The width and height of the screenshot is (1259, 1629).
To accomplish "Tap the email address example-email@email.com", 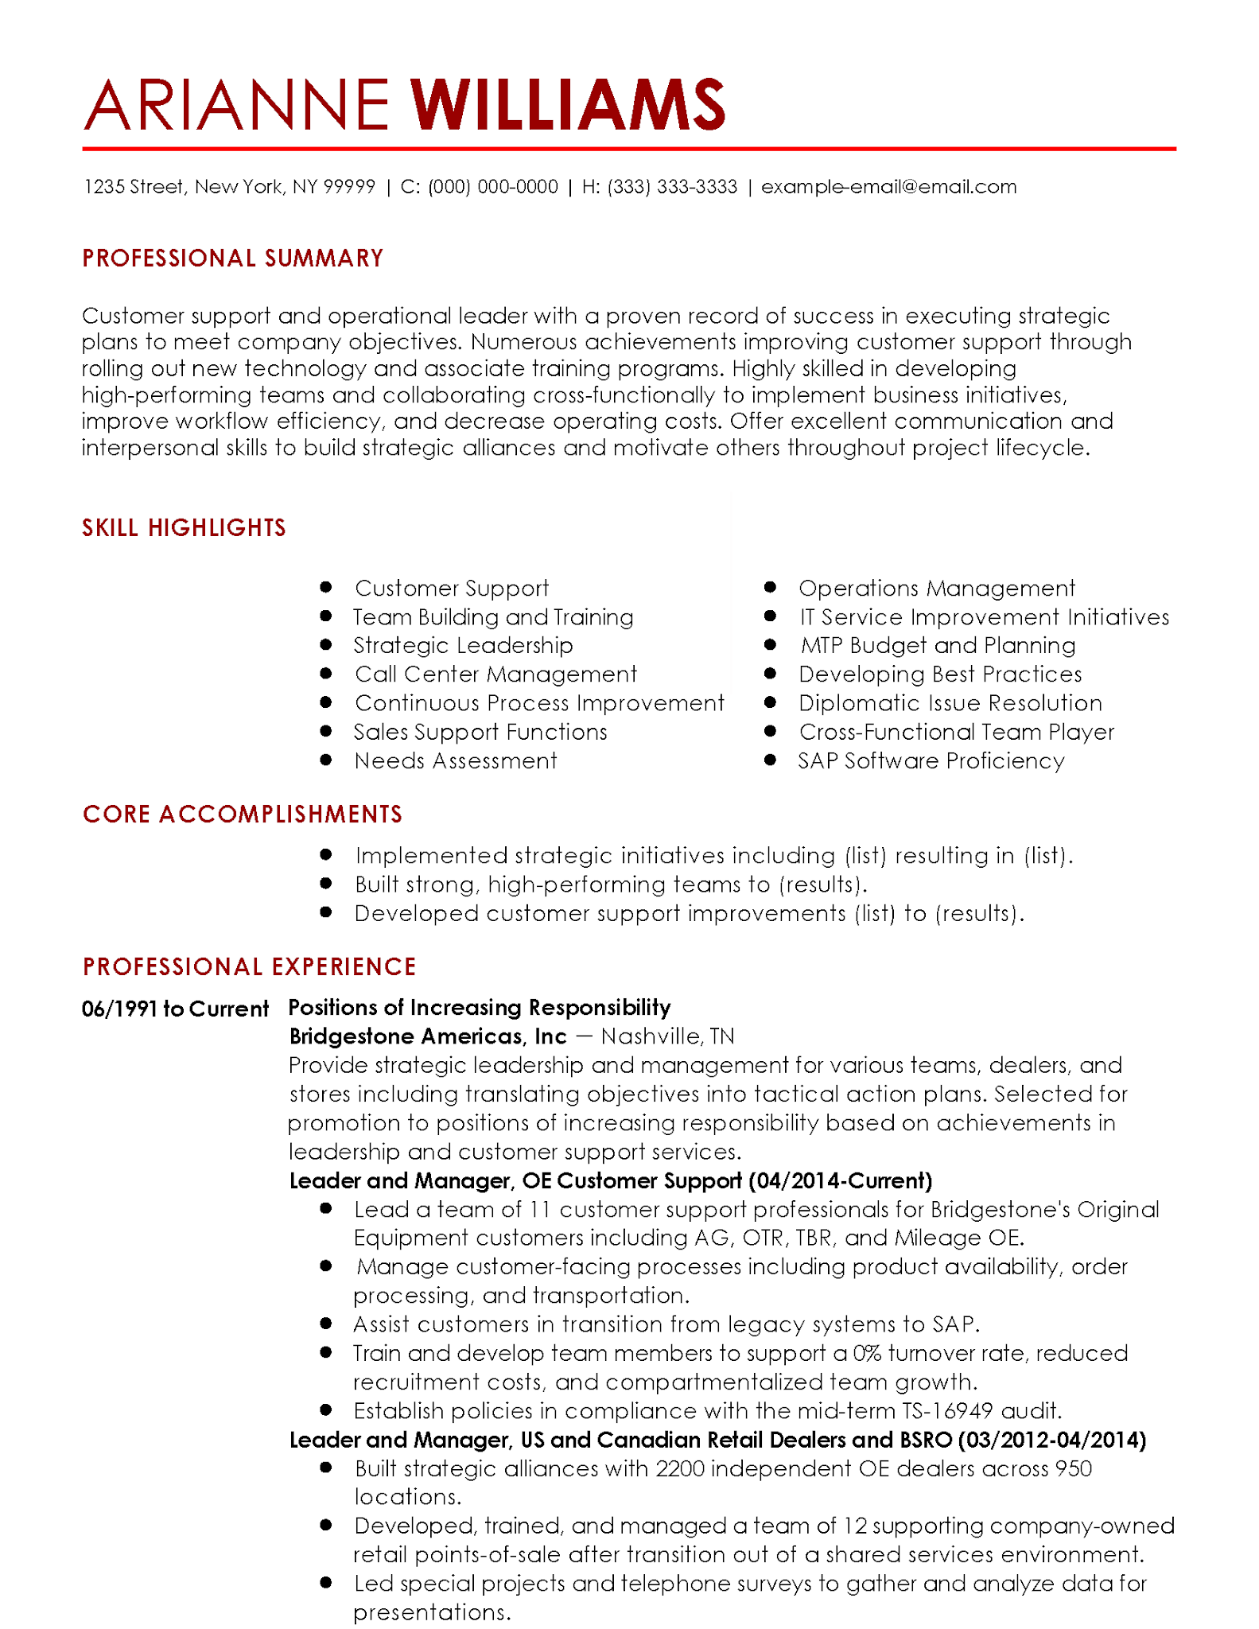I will (888, 187).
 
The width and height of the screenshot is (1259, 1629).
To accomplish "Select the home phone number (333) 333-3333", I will (672, 187).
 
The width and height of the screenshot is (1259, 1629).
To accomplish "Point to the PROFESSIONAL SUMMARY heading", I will (232, 259).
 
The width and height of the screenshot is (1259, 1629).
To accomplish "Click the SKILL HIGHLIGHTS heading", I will (184, 528).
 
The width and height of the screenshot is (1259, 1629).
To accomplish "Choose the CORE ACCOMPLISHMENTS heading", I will (243, 814).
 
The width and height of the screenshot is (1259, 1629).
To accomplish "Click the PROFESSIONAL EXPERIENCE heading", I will (249, 966).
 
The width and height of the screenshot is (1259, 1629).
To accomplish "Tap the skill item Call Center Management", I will (495, 675).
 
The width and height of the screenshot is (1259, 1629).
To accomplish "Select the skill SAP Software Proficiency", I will (931, 761).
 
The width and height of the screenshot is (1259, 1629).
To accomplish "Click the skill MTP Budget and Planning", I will (938, 646).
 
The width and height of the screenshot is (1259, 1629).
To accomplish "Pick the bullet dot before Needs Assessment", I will (325, 760).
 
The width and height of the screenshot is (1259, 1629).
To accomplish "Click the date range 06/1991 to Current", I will (175, 1009).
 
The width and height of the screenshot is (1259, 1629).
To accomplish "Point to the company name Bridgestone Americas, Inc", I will (427, 1036).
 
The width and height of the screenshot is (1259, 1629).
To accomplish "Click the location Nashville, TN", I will (667, 1036).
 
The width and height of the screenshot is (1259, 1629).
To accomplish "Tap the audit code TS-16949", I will (947, 1411).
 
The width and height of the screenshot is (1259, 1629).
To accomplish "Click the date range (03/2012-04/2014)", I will (1051, 1440).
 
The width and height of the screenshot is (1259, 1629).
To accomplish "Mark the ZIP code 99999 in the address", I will (349, 187).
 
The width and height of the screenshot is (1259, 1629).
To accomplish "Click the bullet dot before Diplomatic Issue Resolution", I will (770, 702).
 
